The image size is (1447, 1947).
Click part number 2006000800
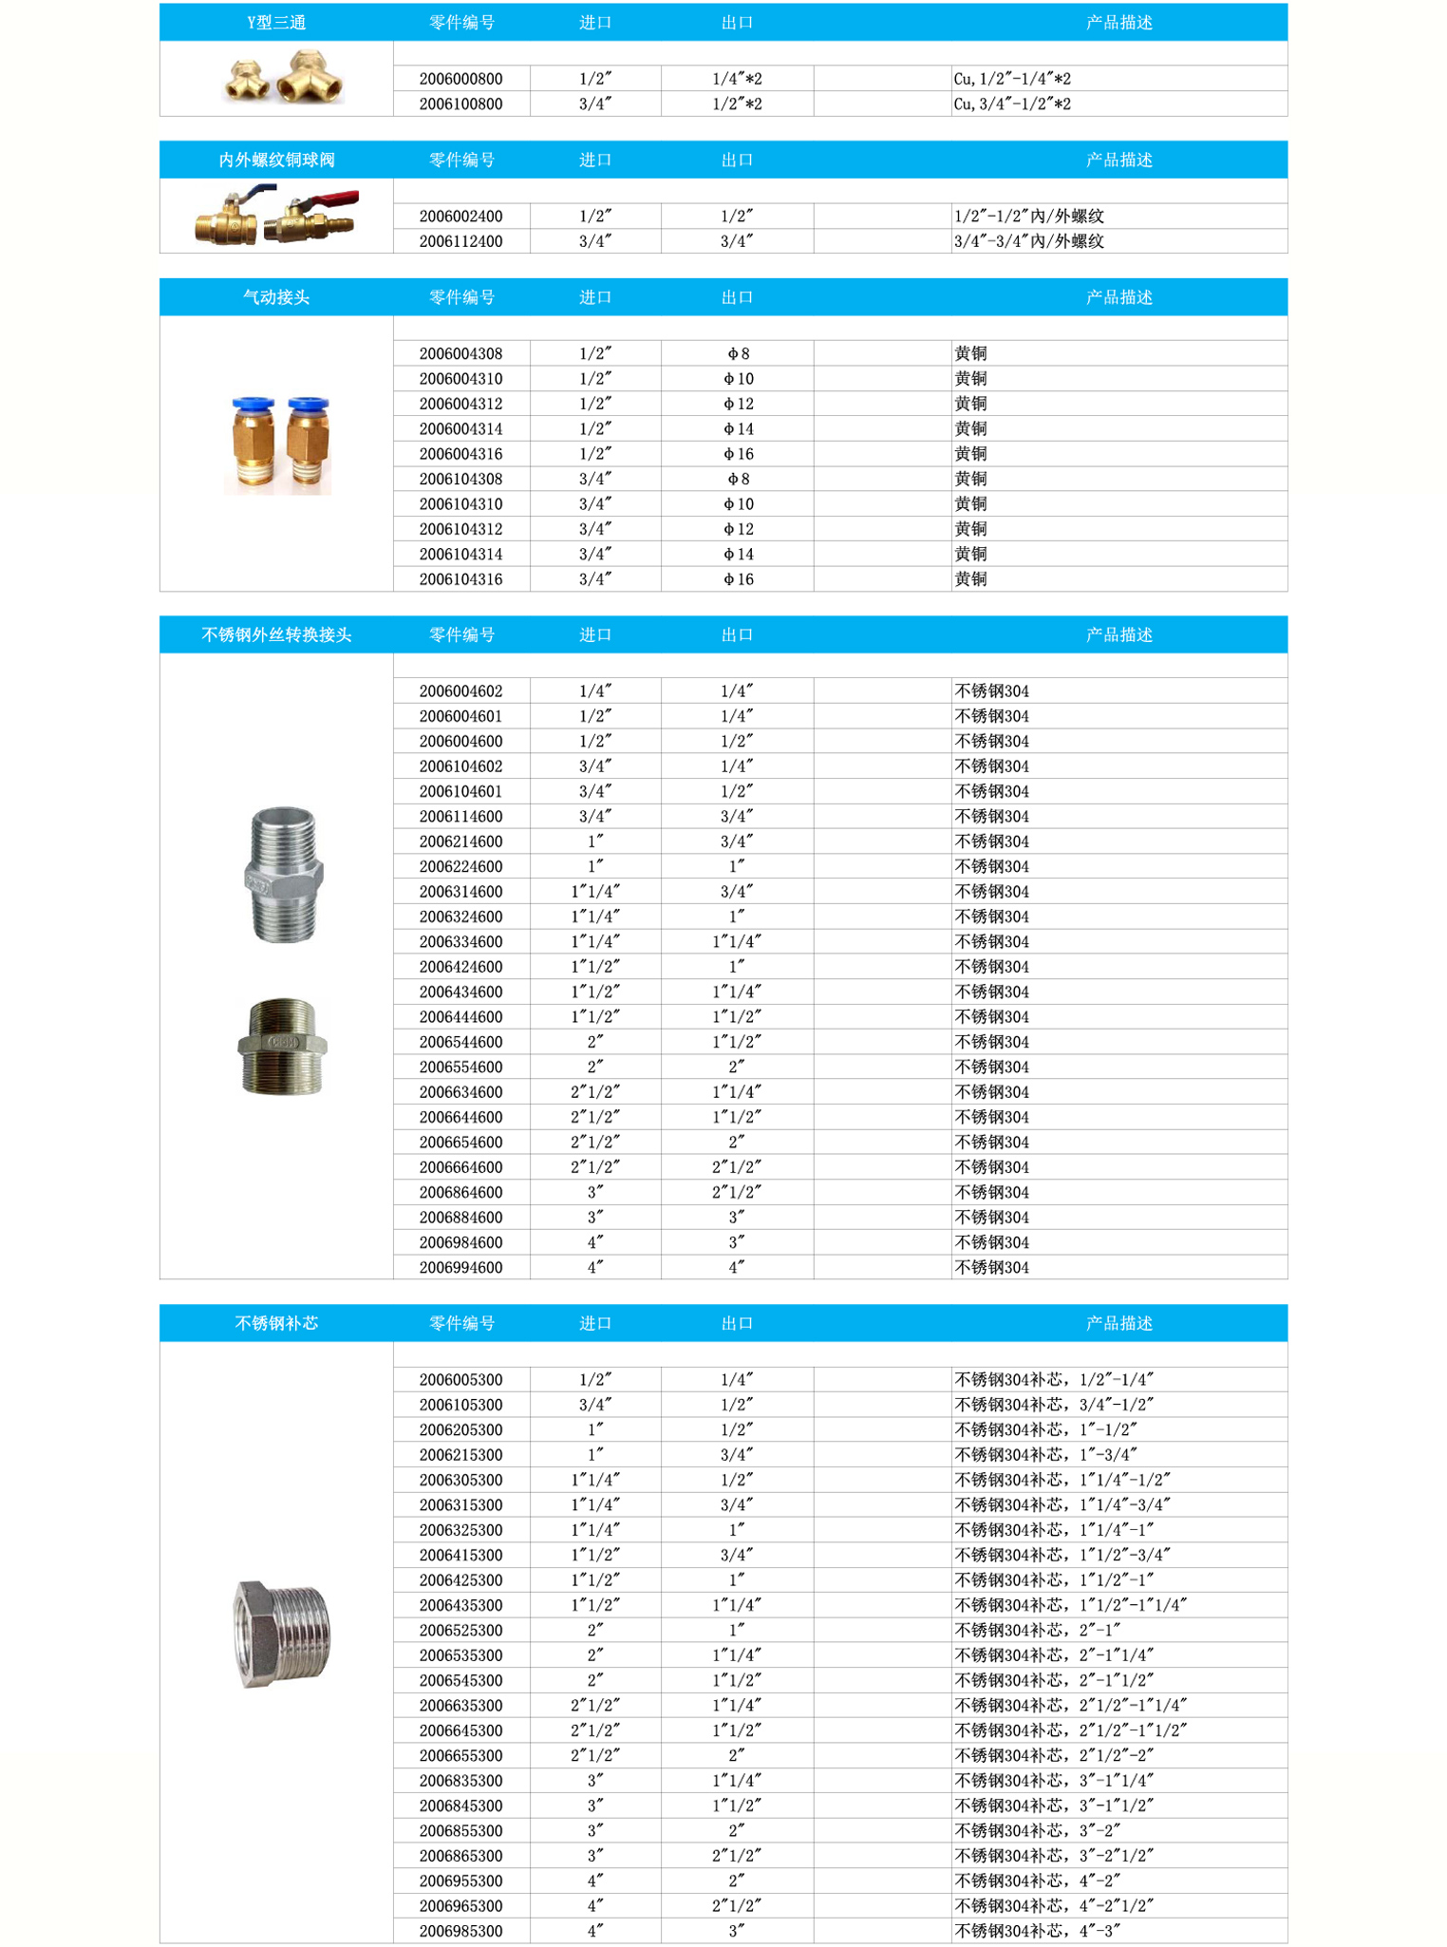460,79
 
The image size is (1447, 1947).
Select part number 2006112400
460,241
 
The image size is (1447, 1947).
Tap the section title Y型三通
276,23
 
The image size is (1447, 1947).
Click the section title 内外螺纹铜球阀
276,160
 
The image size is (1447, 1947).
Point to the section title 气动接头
276,297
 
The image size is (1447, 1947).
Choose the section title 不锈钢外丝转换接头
276,634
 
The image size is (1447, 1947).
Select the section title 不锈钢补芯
276,1323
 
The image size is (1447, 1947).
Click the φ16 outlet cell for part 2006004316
738,454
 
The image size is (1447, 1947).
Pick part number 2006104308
460,479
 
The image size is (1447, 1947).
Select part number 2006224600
460,866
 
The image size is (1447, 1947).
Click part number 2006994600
460,1267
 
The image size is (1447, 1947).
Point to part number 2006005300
460,1379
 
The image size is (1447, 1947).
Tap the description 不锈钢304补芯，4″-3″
1038,1931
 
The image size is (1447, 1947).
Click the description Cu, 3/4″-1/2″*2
1012,104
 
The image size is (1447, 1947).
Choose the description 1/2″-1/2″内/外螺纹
1029,217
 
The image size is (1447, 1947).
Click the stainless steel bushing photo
282,1634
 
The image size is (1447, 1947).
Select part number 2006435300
460,1605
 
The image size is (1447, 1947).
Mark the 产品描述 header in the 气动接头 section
1118,297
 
